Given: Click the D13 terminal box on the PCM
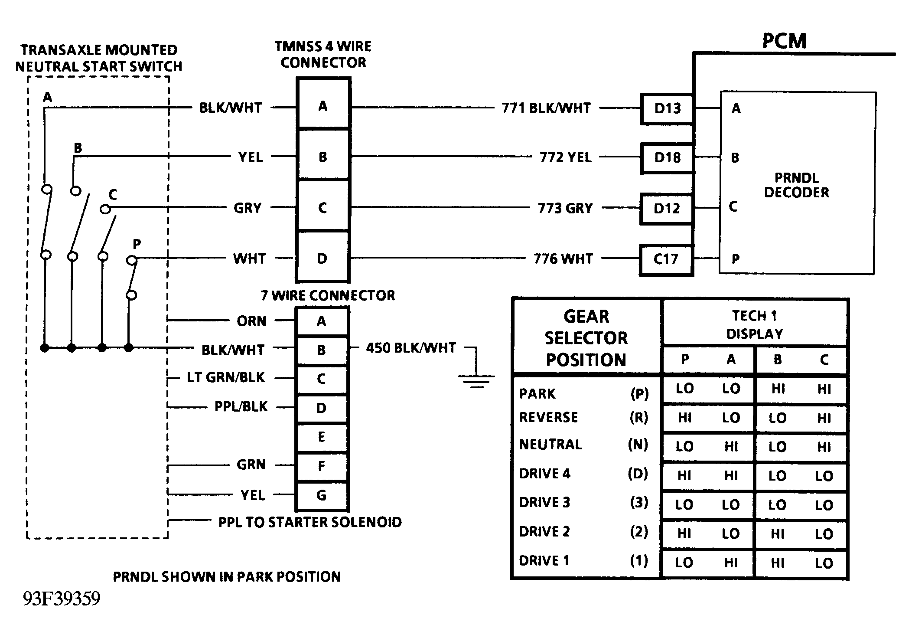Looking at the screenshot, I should tap(667, 108).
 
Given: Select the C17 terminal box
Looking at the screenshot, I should tap(666, 259).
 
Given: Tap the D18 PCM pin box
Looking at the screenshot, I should tap(667, 158).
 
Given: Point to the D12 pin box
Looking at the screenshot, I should tap(667, 209).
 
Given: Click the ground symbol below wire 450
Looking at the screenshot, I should tap(476, 381).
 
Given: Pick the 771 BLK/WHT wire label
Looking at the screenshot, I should tap(546, 108).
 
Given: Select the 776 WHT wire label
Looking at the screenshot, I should tap(563, 259).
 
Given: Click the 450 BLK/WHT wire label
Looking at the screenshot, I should tap(411, 348).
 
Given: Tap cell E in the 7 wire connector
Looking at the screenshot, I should tap(321, 437).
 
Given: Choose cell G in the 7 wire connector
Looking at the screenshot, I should tap(321, 495).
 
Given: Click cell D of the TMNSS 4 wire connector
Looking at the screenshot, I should tap(322, 259).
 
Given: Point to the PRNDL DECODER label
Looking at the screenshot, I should tap(796, 185).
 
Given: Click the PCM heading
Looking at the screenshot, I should tap(784, 41).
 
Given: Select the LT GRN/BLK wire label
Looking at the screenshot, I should tap(225, 377).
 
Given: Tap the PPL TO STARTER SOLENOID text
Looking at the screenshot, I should tap(310, 522).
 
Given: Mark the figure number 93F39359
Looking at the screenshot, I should tap(62, 599).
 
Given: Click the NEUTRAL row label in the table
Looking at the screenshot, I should tap(550, 445).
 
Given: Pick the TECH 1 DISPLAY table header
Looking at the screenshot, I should tap(755, 324).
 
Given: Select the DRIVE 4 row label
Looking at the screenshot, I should tap(544, 474).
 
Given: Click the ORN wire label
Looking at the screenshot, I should tap(251, 321).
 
